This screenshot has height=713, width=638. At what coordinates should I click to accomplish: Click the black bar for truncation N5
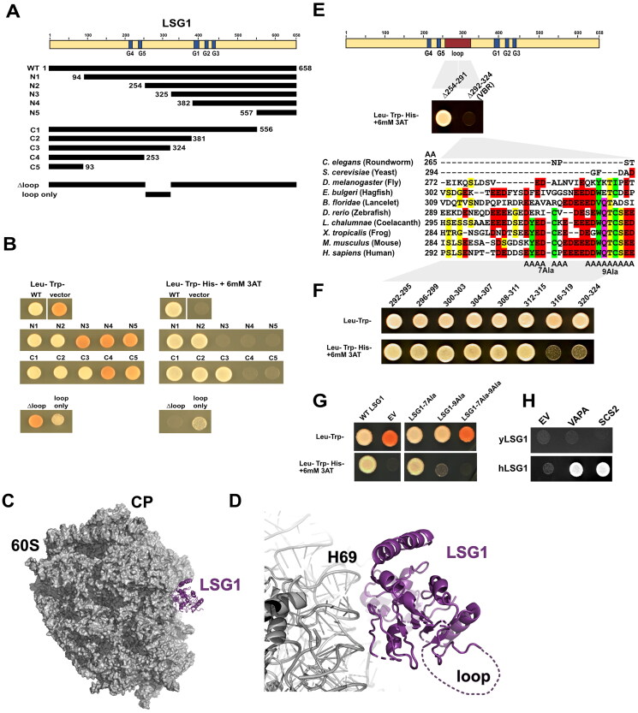click(277, 112)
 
